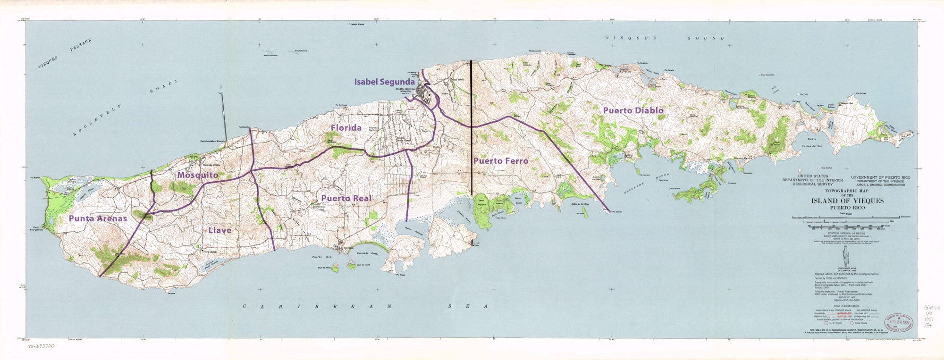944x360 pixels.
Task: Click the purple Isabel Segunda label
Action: pos(384,82)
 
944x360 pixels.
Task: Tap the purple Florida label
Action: pos(346,128)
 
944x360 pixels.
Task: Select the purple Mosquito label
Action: pos(197,175)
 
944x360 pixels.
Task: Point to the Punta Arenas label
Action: pos(98,218)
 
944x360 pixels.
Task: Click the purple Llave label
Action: pos(219,230)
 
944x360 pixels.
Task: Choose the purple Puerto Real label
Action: pos(346,198)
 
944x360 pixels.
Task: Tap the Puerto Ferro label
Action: pos(500,161)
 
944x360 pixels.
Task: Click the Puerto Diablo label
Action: pos(633,110)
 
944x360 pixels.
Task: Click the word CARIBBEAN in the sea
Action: pos(316,307)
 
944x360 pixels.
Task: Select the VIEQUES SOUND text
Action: pos(665,38)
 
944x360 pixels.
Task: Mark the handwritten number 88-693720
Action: pos(41,346)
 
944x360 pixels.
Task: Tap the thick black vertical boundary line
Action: pos(472,127)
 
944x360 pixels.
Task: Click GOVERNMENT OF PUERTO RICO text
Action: pos(880,178)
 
